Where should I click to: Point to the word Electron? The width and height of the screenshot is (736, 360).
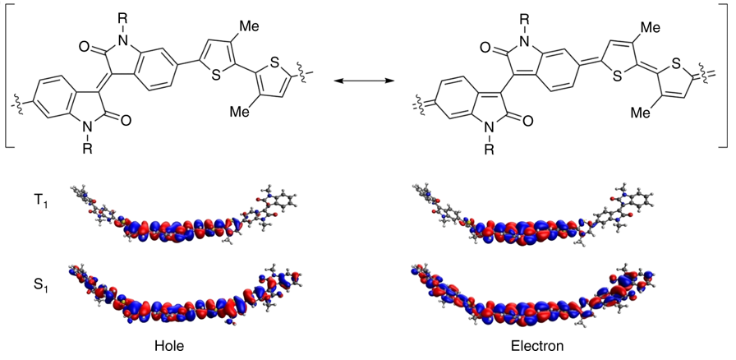point(537,346)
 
